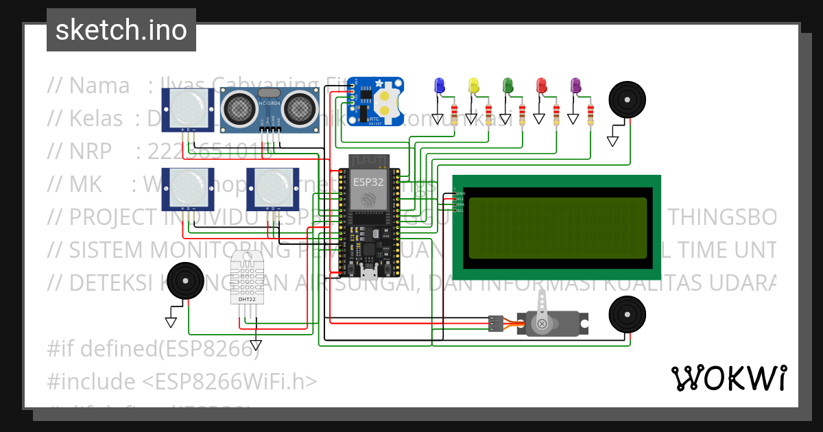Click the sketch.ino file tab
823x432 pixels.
tap(121, 30)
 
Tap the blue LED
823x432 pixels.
tap(440, 85)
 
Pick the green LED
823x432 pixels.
tap(508, 85)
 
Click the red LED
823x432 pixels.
tap(542, 85)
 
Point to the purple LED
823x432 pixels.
tap(576, 85)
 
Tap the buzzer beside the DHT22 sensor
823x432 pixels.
tap(186, 280)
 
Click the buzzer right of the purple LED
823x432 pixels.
tap(628, 99)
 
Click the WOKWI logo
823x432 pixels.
tap(728, 378)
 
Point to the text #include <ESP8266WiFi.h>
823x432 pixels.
tap(182, 381)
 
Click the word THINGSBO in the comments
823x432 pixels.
tap(721, 217)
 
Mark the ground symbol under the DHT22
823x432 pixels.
tap(256, 345)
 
